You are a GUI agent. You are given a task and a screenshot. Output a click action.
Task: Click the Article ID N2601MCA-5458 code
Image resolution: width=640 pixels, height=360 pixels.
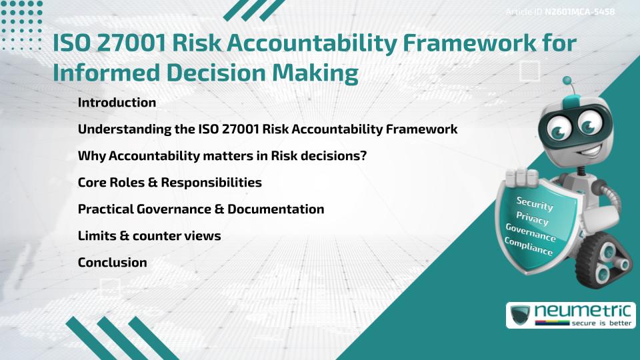point(579,12)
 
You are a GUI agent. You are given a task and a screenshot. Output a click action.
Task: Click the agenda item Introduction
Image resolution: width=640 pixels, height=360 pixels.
point(117,103)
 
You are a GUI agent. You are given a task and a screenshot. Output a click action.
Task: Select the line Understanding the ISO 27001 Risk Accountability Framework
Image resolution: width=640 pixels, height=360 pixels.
point(267,129)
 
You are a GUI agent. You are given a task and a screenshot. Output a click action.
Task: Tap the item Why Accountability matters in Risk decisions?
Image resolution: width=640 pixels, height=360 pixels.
point(223,156)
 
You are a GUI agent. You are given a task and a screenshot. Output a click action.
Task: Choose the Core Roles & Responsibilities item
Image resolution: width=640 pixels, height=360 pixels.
point(169,183)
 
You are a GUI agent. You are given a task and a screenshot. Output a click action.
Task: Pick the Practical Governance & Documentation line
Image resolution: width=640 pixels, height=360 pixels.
point(201,209)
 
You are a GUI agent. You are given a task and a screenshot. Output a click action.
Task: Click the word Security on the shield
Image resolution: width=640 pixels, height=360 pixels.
point(535,204)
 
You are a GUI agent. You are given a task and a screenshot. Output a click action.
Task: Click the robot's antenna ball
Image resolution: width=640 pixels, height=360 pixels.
point(567,81)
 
